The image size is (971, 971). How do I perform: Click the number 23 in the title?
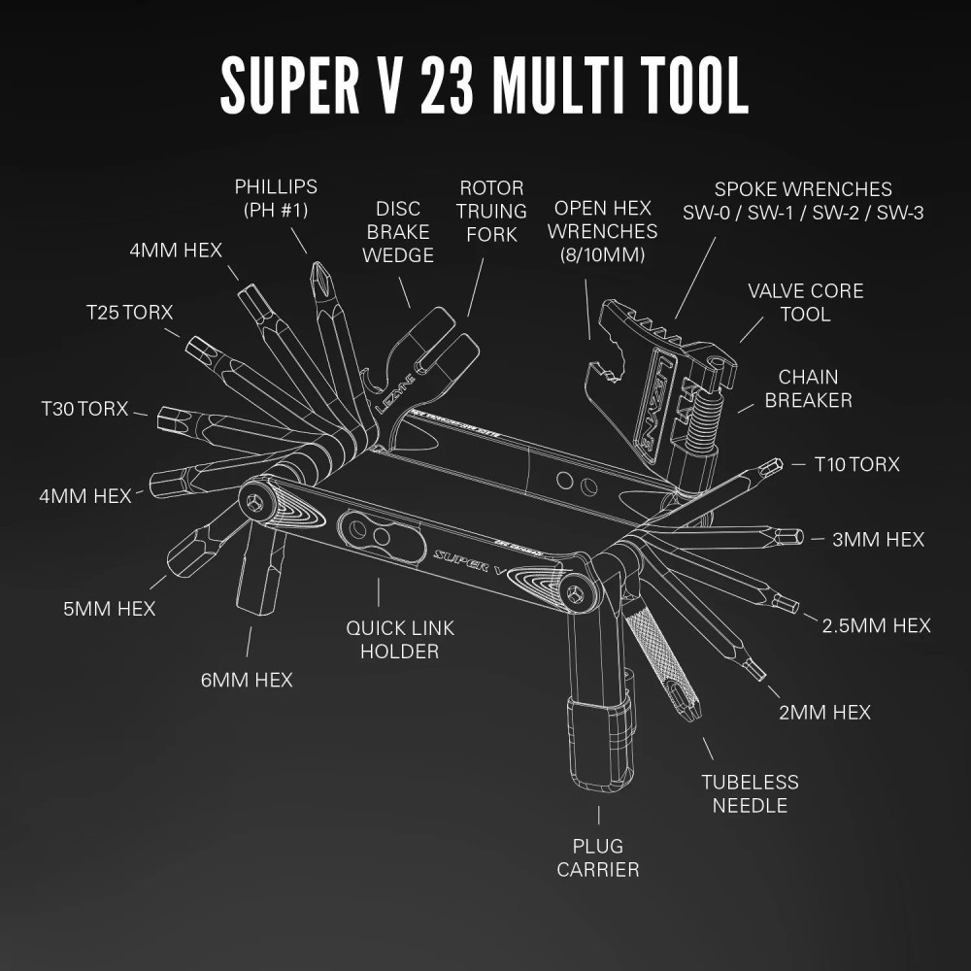tap(448, 86)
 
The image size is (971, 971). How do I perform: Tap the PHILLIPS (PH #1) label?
tap(276, 197)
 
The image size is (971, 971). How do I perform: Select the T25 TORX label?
tap(129, 313)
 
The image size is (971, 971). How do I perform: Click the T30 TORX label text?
tap(84, 409)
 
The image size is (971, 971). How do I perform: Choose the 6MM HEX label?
tap(247, 680)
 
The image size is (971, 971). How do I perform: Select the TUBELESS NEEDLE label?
tap(750, 793)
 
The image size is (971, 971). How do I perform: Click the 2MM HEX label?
tap(824, 713)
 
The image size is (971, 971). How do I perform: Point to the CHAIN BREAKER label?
tap(808, 388)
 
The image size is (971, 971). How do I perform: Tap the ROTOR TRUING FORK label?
tap(492, 211)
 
